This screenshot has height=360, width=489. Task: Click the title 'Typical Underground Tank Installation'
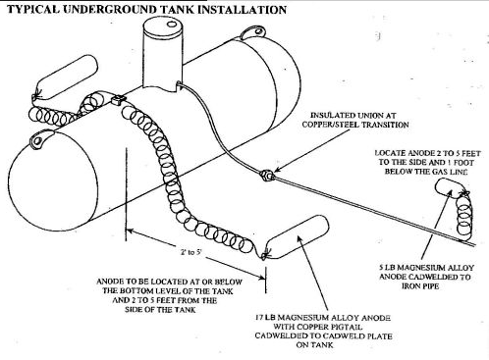point(146,9)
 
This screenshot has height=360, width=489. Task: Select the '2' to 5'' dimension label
point(191,252)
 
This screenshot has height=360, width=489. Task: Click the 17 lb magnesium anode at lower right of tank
point(296,236)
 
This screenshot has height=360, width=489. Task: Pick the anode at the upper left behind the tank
point(66,77)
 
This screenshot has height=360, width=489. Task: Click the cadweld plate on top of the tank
point(118,99)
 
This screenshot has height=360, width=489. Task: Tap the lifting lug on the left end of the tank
point(40,140)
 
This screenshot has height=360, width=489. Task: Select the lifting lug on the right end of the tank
point(253,32)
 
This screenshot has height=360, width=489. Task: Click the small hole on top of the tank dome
point(172,24)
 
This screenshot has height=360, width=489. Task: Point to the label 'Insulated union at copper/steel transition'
point(355,120)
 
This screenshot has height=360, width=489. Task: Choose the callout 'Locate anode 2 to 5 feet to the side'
point(427,162)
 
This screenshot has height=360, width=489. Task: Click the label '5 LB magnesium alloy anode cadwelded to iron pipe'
point(426,277)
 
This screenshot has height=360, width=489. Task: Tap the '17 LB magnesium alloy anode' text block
point(323,331)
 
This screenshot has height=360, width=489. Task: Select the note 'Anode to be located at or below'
point(169,295)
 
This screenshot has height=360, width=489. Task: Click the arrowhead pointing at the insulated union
point(277,170)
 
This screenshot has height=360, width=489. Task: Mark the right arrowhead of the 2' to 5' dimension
point(261,278)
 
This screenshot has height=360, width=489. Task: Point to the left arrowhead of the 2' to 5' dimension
point(131,231)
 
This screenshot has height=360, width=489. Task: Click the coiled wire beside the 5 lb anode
point(464,213)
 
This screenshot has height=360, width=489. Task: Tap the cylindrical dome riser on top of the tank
point(163,52)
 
